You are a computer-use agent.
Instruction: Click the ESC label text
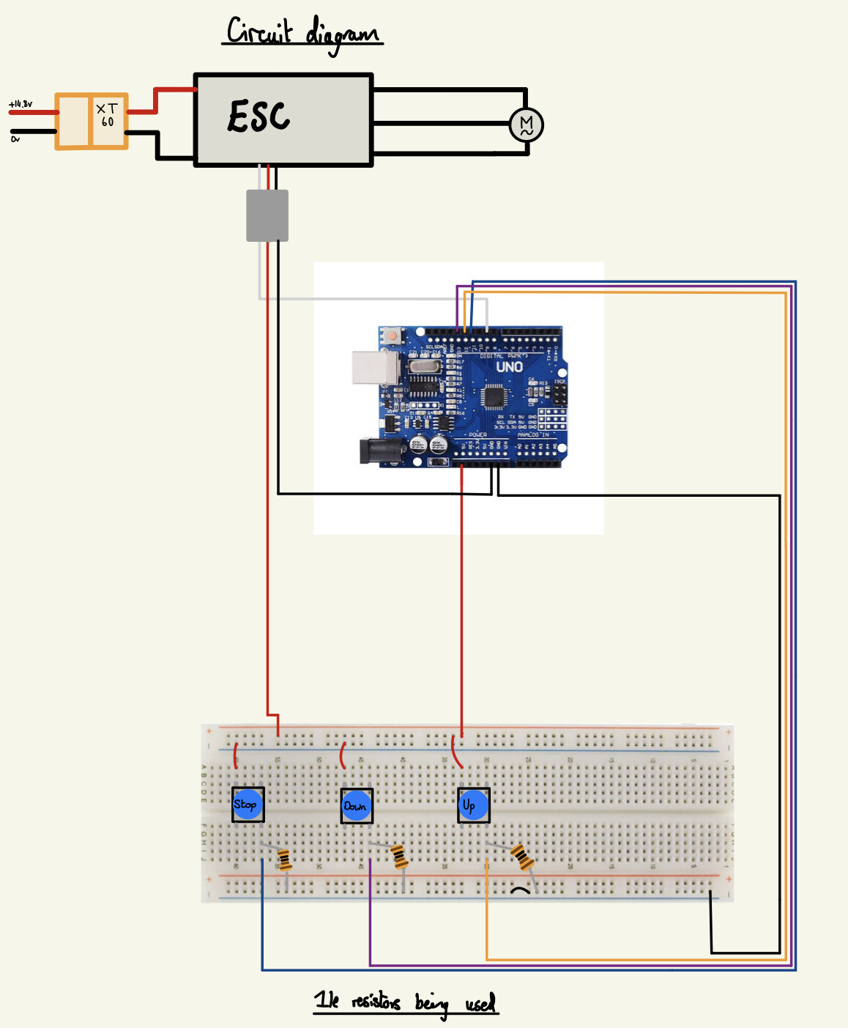click(259, 117)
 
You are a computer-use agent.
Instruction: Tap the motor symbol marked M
click(526, 125)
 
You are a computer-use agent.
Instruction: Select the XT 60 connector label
click(108, 116)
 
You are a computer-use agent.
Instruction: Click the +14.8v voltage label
click(21, 105)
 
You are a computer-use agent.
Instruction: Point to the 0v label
click(15, 138)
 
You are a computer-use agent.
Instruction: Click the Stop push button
click(247, 805)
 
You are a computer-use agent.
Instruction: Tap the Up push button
click(472, 805)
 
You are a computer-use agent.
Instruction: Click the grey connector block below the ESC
click(267, 215)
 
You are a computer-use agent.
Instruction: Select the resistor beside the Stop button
click(285, 859)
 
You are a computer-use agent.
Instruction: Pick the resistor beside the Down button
click(399, 856)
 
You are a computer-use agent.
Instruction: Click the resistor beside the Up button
click(521, 857)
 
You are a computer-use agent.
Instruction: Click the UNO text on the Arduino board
click(509, 366)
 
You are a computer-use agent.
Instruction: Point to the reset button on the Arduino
click(393, 336)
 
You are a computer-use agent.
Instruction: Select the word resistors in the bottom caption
click(376, 1002)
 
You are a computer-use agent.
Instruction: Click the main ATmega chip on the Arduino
click(494, 396)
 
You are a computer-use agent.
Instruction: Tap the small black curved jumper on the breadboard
click(520, 890)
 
